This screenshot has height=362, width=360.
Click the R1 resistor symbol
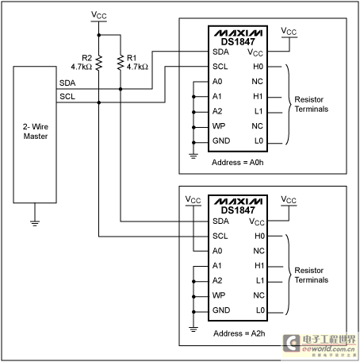(121, 63)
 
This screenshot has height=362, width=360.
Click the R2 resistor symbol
(99, 63)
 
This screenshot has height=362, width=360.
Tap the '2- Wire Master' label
(36, 131)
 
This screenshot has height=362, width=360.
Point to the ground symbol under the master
(35, 223)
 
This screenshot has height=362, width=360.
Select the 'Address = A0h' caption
(238, 162)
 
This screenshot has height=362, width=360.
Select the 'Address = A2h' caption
(239, 333)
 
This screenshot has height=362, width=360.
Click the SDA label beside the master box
(67, 83)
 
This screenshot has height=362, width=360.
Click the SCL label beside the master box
(67, 97)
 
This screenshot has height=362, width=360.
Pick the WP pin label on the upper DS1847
(219, 126)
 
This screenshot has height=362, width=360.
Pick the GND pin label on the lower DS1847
(221, 310)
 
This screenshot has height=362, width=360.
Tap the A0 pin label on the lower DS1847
(217, 251)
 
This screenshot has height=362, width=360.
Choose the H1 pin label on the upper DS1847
(258, 96)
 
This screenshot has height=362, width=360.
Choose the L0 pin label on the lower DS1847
(260, 310)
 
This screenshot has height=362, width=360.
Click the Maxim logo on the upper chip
(238, 33)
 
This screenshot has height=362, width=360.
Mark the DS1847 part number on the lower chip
(238, 210)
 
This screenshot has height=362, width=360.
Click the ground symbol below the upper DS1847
(193, 156)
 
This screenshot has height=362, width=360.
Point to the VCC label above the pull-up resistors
(99, 15)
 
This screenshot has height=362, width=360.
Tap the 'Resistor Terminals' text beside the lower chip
(312, 275)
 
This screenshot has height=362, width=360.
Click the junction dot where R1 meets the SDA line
(121, 89)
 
